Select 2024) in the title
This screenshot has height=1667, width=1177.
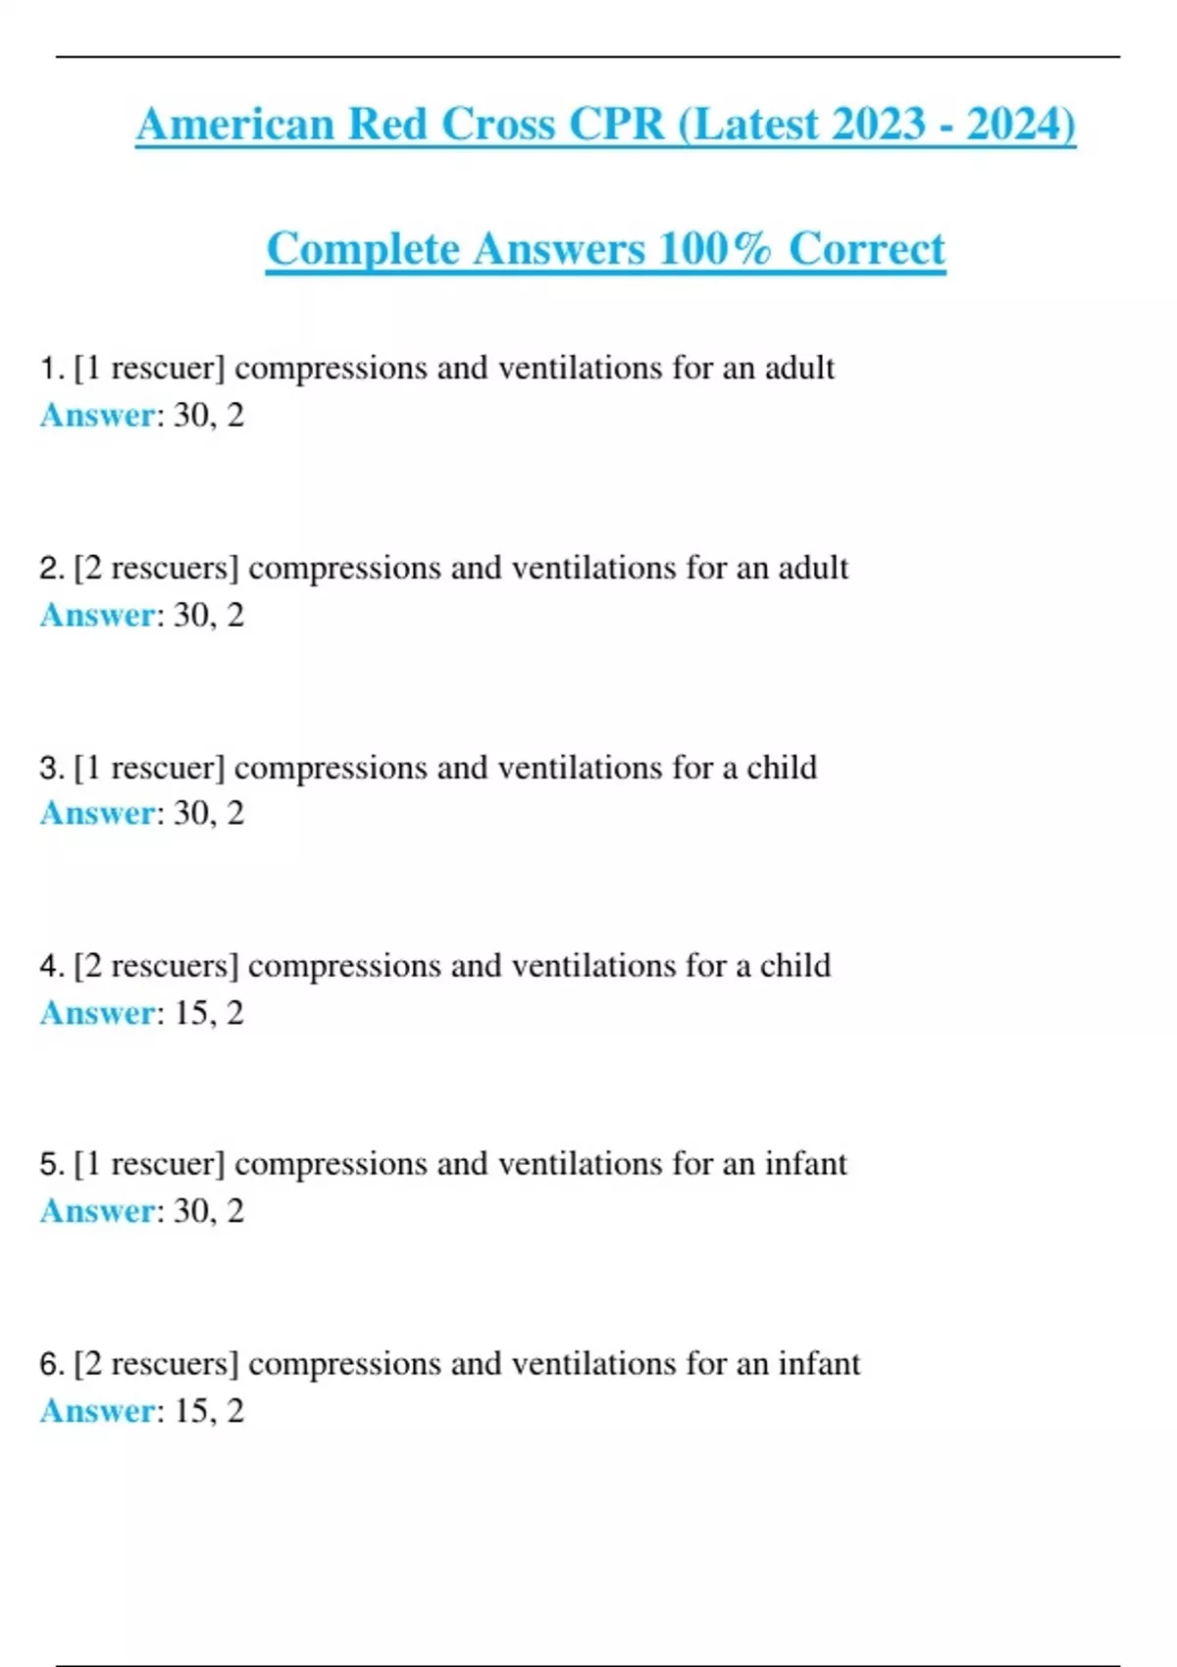click(x=1021, y=126)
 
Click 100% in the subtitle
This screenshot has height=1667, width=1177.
click(x=715, y=249)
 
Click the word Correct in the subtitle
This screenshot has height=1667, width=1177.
click(x=867, y=249)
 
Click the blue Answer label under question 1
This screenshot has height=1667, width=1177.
click(x=97, y=416)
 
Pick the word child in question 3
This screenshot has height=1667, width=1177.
click(x=782, y=768)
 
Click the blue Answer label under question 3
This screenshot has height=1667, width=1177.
click(x=97, y=814)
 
